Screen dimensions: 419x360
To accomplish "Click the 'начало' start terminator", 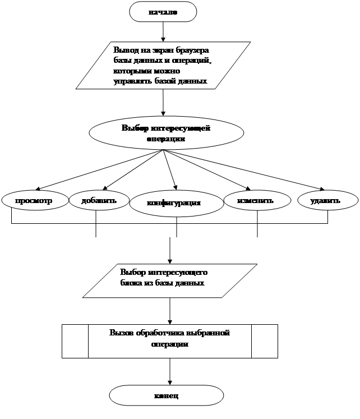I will click(x=163, y=12).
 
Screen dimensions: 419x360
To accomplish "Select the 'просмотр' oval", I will click(x=34, y=200).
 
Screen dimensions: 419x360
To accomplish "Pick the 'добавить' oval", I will click(x=99, y=200).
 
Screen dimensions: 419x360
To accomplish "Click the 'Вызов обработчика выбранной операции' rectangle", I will click(x=169, y=340).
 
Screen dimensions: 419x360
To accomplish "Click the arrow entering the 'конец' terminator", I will click(x=169, y=371).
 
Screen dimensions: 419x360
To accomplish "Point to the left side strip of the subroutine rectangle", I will click(x=75, y=340).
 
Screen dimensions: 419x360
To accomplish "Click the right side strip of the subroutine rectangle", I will click(x=265, y=340).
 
